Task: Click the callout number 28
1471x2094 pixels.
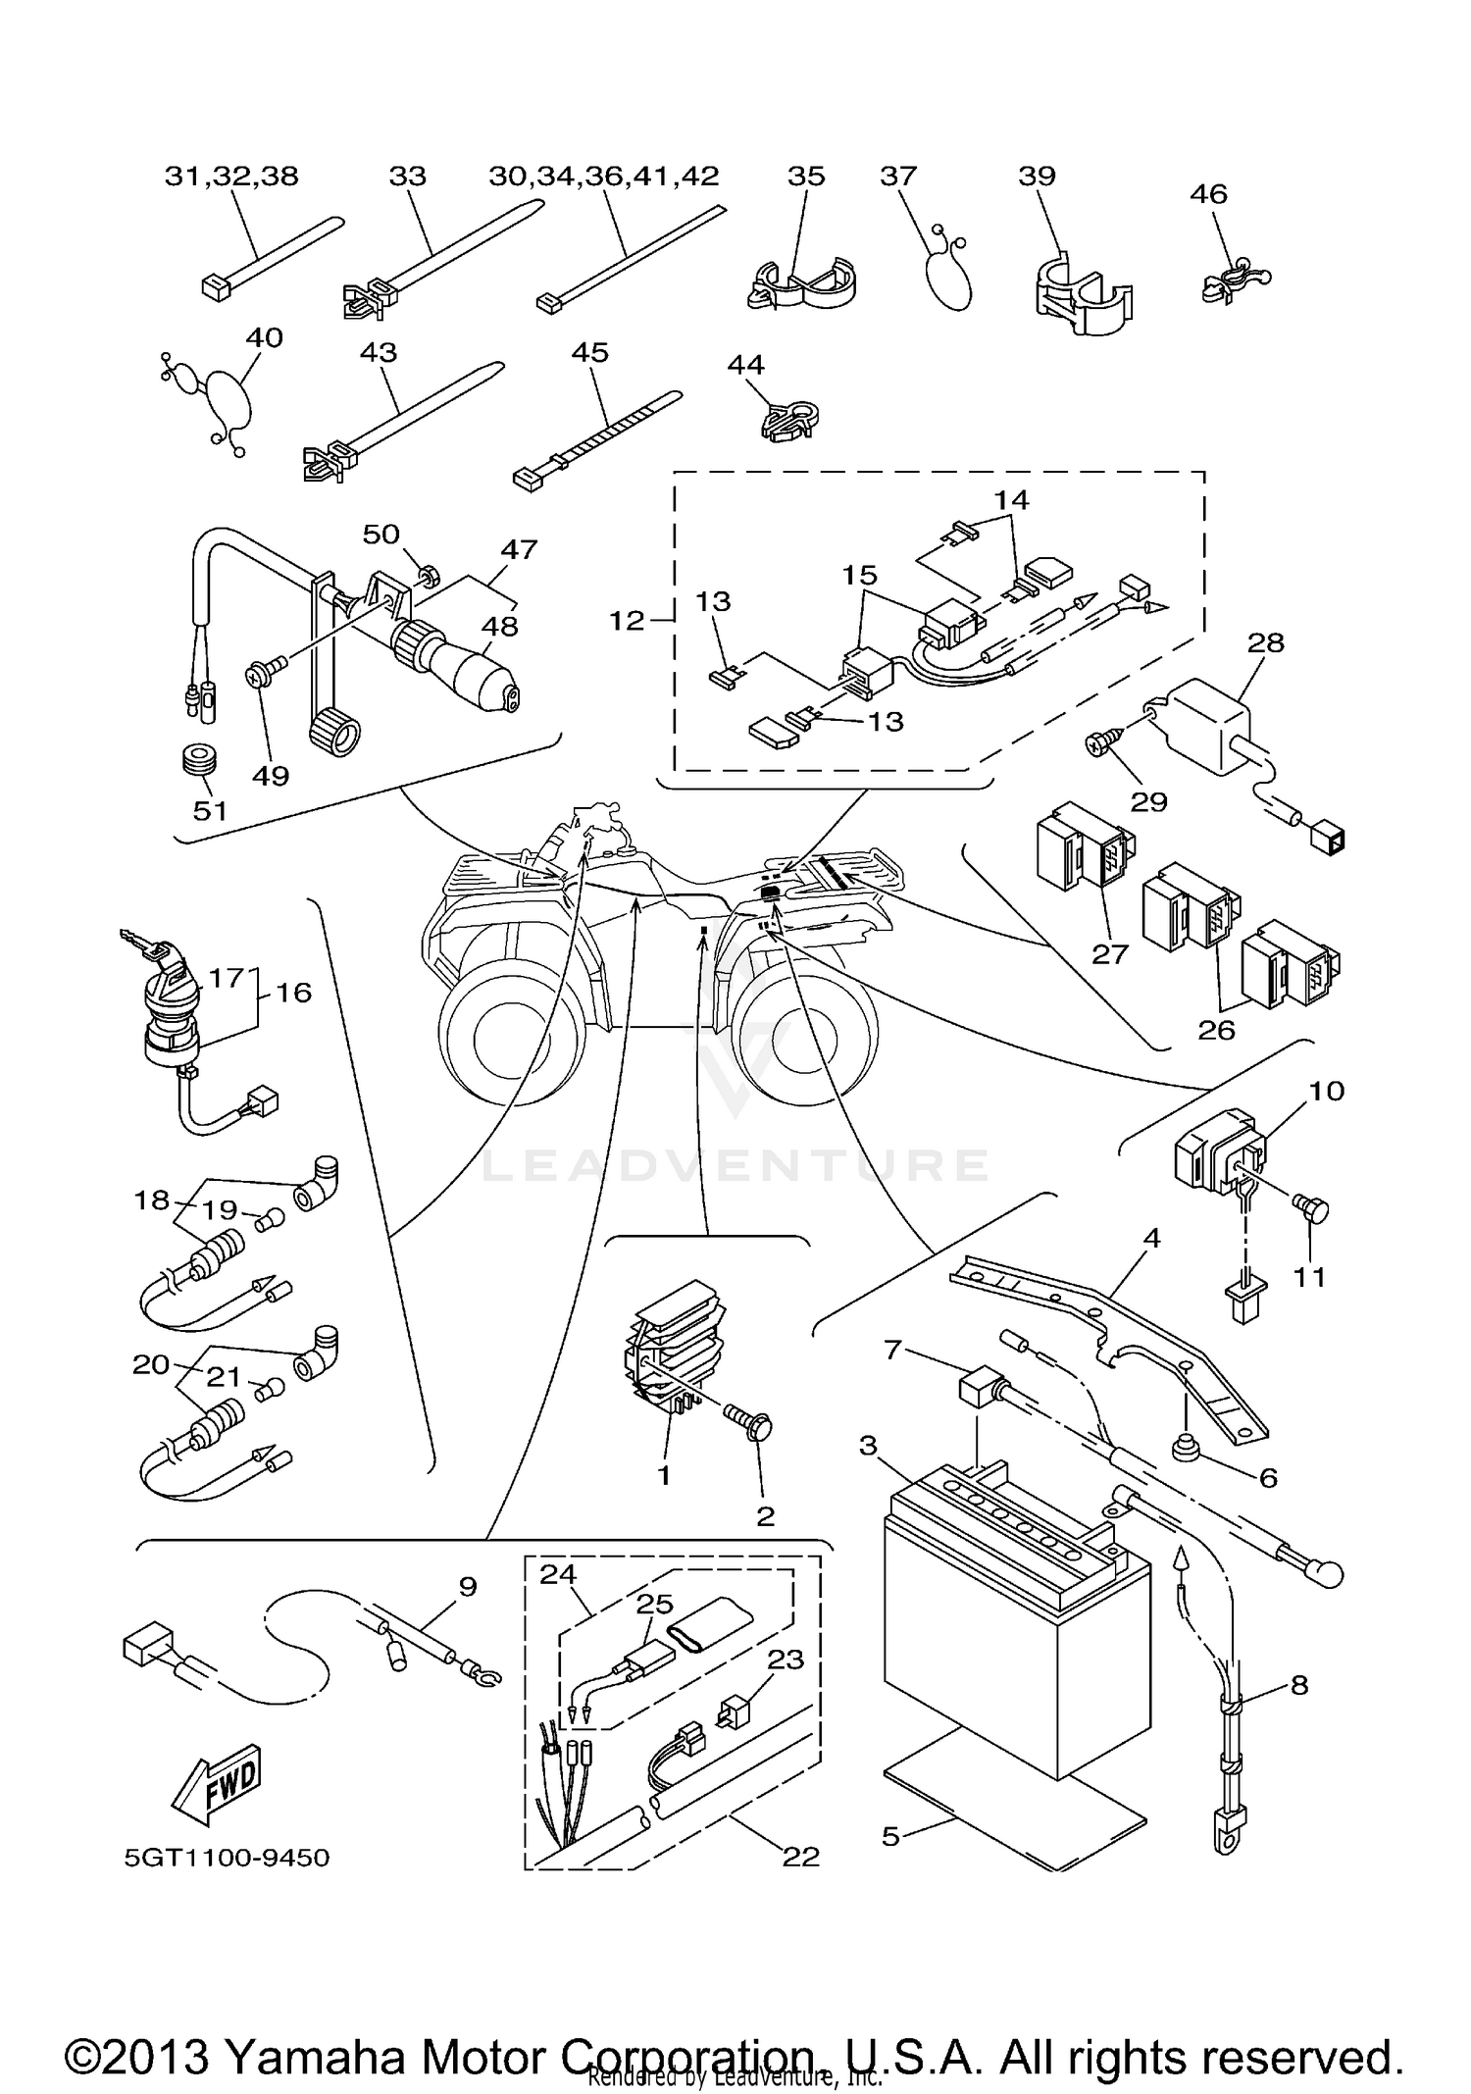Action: pos(1266,643)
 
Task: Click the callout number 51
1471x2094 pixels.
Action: pos(210,810)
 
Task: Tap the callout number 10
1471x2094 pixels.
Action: pos(1326,1091)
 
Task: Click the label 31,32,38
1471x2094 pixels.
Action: pos(231,177)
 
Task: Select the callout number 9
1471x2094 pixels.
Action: pos(468,1586)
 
